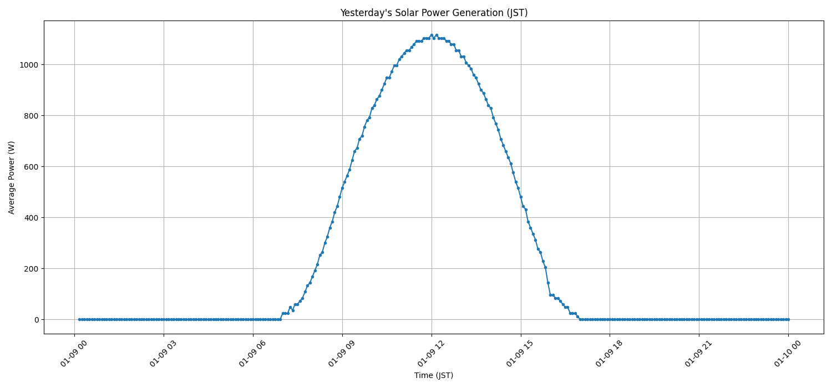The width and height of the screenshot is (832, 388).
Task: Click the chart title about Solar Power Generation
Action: pyautogui.click(x=434, y=13)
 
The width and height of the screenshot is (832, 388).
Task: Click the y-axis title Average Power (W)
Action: pyautogui.click(x=12, y=177)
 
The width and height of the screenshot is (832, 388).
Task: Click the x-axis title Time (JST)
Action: pyautogui.click(x=434, y=375)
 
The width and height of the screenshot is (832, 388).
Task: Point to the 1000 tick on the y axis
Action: pyautogui.click(x=29, y=65)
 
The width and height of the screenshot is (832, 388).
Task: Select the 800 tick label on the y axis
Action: pyautogui.click(x=31, y=116)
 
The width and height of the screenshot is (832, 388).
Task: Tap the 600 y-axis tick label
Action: pyautogui.click(x=31, y=167)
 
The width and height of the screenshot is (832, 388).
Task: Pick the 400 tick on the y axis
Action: pyautogui.click(x=31, y=218)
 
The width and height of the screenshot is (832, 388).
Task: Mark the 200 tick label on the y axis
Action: pyautogui.click(x=31, y=269)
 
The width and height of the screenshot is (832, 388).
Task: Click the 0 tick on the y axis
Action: pyautogui.click(x=36, y=320)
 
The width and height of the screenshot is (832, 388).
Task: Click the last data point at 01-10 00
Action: pyautogui.click(x=788, y=319)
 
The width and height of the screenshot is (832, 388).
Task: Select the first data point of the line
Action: pyautogui.click(x=79, y=319)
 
